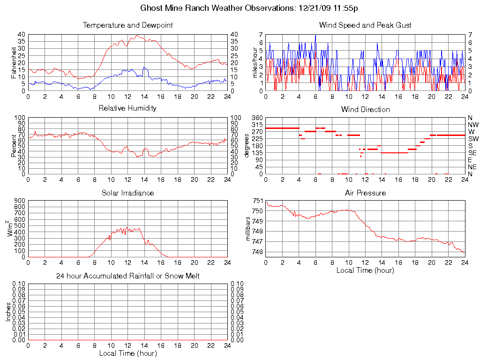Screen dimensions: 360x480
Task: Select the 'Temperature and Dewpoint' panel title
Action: click(127, 25)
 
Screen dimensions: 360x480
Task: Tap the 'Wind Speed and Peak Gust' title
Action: click(365, 25)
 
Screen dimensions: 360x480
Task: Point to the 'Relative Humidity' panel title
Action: click(127, 108)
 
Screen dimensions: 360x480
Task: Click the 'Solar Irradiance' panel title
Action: click(127, 193)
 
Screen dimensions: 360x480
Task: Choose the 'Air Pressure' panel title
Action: click(365, 193)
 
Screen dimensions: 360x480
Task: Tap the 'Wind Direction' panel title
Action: click(365, 109)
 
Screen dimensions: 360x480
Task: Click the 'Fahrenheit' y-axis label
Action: click(14, 63)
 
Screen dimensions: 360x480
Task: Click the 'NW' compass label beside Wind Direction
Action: click(473, 125)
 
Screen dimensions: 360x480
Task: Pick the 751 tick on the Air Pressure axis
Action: click(258, 201)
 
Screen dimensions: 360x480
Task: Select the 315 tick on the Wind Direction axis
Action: click(258, 125)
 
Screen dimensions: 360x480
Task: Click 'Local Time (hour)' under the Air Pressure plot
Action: click(365, 270)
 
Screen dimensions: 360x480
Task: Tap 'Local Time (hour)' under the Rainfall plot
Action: click(127, 353)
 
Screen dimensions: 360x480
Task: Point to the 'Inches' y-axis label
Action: click(8, 312)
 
